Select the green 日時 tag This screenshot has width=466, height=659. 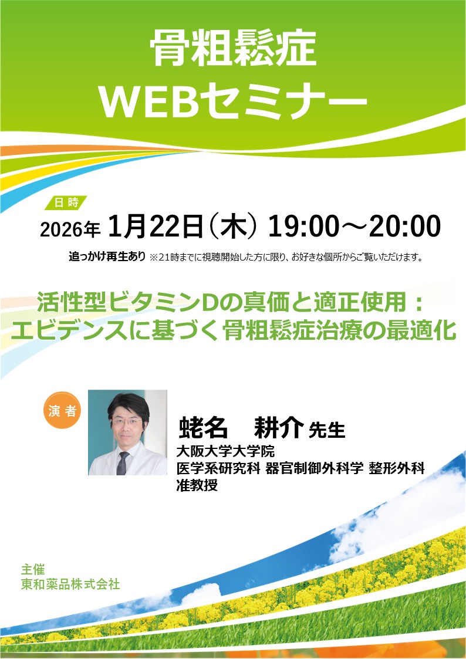66,202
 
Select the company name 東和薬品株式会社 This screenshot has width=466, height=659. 70,584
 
